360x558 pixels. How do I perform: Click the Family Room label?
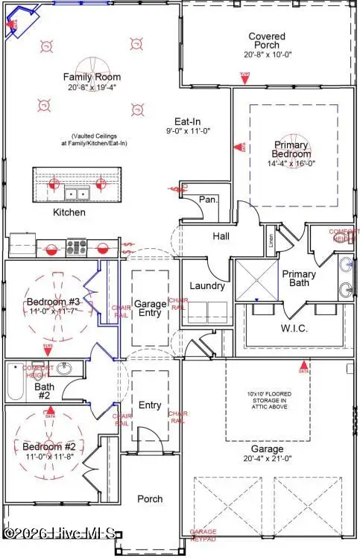coord(92,77)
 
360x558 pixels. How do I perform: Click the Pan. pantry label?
coord(207,199)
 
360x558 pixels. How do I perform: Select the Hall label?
coord(220,236)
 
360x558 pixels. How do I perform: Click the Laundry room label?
coord(202,285)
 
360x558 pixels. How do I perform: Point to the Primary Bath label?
coord(299,279)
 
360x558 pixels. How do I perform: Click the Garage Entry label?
coord(150,308)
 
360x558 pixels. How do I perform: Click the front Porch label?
coord(150,499)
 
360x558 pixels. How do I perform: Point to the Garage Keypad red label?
coord(203,535)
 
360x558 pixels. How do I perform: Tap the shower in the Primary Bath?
coord(256,279)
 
